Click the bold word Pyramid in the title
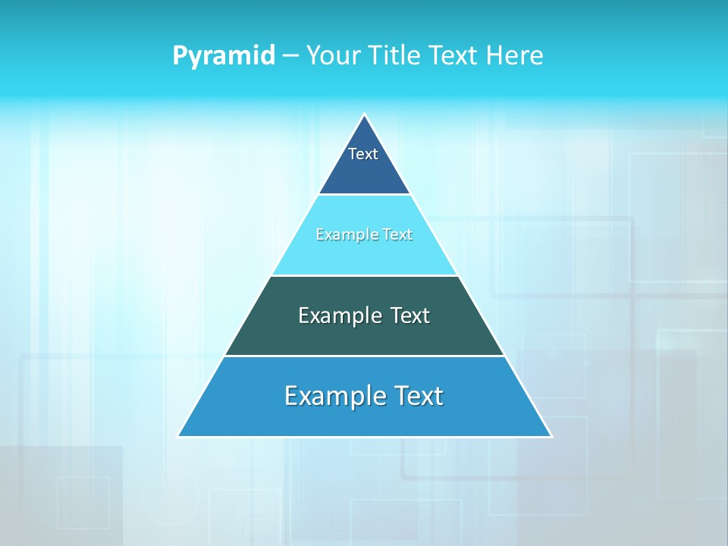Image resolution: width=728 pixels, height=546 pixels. (x=224, y=55)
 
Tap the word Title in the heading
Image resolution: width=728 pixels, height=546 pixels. (x=400, y=55)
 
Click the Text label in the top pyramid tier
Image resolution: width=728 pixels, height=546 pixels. (x=363, y=154)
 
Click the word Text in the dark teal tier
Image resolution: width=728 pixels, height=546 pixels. (x=410, y=315)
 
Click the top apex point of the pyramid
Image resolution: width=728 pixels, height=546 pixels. (x=365, y=115)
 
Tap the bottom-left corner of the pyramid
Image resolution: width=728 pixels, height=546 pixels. (x=179, y=436)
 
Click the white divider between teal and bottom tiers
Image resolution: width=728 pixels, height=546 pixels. (x=365, y=356)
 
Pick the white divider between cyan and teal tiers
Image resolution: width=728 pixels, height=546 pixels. (x=365, y=275)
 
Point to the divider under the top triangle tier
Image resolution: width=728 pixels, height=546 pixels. (x=365, y=195)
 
